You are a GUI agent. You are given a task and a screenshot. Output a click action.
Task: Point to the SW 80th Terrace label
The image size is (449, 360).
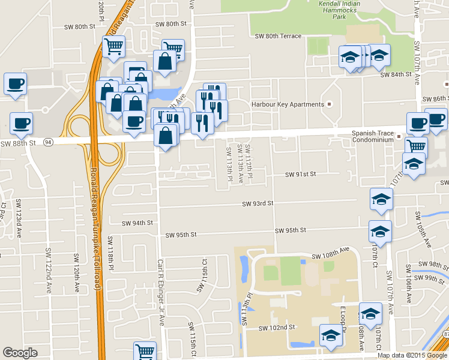pyautogui.click(x=278, y=36)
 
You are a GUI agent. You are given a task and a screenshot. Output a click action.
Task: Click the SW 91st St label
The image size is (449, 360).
pyautogui.click(x=300, y=174)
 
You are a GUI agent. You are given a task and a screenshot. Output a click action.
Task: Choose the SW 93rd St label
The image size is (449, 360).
pyautogui.click(x=258, y=204)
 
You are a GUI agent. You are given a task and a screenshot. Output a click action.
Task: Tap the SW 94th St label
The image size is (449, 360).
pyautogui.click(x=137, y=223)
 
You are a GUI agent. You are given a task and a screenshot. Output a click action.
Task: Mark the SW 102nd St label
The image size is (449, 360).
pyautogui.click(x=277, y=328)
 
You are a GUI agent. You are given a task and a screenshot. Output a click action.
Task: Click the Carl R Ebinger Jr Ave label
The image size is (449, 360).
pyautogui.click(x=161, y=292)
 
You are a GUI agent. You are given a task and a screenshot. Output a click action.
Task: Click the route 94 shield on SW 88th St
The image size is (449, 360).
pyautogui.click(x=47, y=142)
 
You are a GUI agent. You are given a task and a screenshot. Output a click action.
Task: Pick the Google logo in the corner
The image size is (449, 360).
pyautogui.click(x=20, y=353)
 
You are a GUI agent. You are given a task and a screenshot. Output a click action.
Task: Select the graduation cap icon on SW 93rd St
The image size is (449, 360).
pyautogui.click(x=381, y=199)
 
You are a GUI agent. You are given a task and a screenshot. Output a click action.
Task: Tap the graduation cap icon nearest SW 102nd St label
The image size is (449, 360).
pyautogui.click(x=331, y=336)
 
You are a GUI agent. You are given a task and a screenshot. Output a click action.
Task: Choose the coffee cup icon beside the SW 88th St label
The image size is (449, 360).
pyautogui.click(x=21, y=124)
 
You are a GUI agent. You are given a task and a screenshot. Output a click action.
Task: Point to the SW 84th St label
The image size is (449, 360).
pyautogui.click(x=396, y=74)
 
